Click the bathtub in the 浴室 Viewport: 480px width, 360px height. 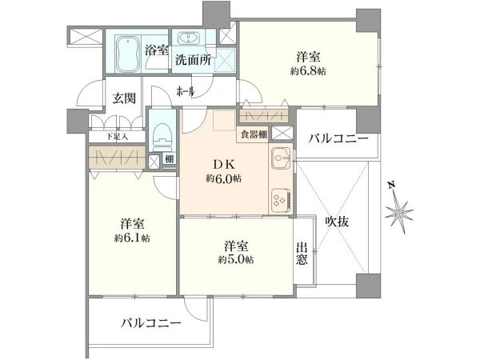128,54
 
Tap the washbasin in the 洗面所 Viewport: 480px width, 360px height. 188,39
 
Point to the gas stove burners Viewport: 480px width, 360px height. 281,199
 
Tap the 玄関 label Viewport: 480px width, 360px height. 124,98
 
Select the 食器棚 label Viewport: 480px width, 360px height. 254,134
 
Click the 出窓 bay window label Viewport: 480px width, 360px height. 302,253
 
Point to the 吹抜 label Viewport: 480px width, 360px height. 337,221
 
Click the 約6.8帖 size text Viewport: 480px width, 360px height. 308,71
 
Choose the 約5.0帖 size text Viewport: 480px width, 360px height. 236,260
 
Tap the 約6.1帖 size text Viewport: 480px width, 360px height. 132,238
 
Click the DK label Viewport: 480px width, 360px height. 224,165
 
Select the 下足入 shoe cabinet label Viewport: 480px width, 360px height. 118,137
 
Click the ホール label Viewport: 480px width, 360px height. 186,91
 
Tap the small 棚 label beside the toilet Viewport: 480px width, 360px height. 169,159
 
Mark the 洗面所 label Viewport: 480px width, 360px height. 193,60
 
